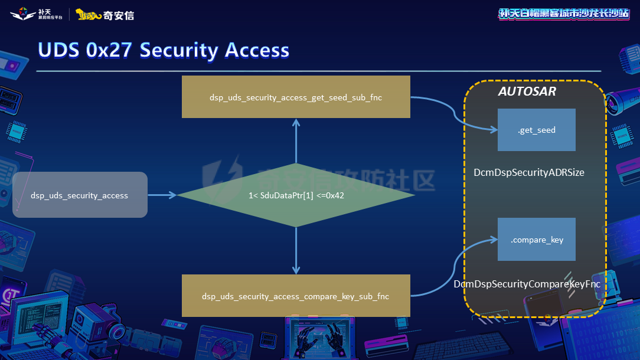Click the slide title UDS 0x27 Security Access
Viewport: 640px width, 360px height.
click(x=164, y=51)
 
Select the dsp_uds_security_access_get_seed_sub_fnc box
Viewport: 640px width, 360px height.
click(x=296, y=97)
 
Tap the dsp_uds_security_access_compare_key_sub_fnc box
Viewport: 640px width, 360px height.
click(x=296, y=296)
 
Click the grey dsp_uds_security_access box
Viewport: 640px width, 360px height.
click(x=80, y=195)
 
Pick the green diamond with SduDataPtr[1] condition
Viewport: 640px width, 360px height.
click(x=296, y=195)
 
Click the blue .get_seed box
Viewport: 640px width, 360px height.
click(x=536, y=130)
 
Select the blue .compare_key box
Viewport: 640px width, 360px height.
click(x=536, y=240)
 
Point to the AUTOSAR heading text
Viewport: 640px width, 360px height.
click(x=527, y=92)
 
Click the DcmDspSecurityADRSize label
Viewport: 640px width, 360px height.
click(x=529, y=172)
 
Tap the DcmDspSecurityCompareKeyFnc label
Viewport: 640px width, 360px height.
click(x=527, y=284)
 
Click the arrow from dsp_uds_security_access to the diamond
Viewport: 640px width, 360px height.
click(x=162, y=195)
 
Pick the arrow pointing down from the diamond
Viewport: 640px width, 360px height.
click(x=296, y=251)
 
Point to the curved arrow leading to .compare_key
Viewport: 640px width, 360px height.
click(x=455, y=269)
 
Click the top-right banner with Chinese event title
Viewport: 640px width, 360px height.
click(x=564, y=14)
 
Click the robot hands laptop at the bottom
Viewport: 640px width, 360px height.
click(x=319, y=338)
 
